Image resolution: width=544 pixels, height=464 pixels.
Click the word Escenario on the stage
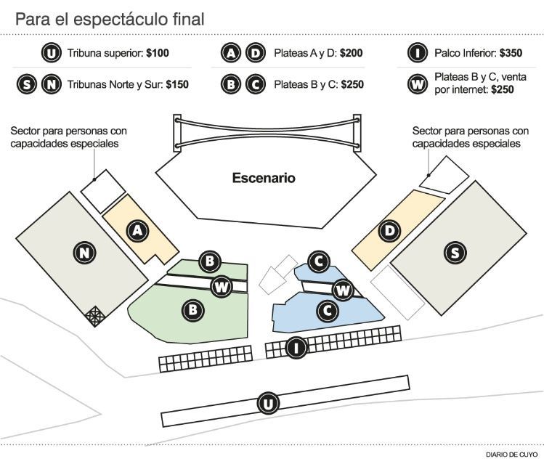pos(264,178)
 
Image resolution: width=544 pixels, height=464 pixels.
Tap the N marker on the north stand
pos(86,253)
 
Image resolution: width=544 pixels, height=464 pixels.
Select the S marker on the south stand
pos(455,253)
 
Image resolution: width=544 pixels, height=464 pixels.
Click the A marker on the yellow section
pos(137,231)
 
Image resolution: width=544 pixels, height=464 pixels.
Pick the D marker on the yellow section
pos(391,231)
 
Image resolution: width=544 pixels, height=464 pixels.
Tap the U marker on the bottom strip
pos(269,404)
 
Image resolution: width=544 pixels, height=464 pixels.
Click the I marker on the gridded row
pos(295,348)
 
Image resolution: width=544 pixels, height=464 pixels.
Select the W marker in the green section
pos(222,286)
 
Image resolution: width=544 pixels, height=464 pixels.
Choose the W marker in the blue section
pos(344,291)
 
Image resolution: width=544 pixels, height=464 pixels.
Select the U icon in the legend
pos(52,53)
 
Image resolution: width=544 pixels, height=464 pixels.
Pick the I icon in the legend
pos(417,53)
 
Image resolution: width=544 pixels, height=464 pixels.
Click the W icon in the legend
pos(417,84)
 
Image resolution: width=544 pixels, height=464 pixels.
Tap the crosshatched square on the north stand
pos(95,315)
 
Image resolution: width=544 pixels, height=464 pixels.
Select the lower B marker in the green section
pos(194,309)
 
